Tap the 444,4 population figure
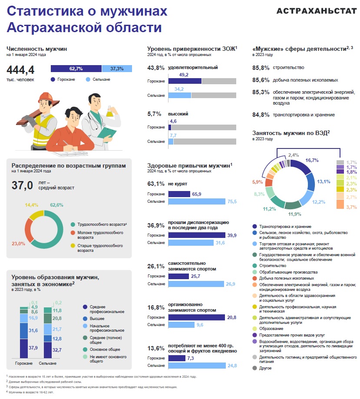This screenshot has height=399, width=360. pyautogui.click(x=20, y=69)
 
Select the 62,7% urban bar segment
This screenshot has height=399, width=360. pyautogui.click(x=76, y=69)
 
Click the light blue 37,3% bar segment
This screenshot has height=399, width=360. pyautogui.click(x=117, y=69)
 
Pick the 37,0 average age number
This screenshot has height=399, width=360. pyautogui.click(x=23, y=186)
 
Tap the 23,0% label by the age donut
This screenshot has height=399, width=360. pyautogui.click(x=18, y=244)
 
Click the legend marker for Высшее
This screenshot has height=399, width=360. pyautogui.click(x=85, y=318)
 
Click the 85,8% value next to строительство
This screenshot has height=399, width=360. pyautogui.click(x=261, y=68)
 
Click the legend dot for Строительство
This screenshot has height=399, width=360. pyautogui.click(x=254, y=265)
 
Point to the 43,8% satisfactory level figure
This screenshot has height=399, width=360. pyautogui.click(x=156, y=68)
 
